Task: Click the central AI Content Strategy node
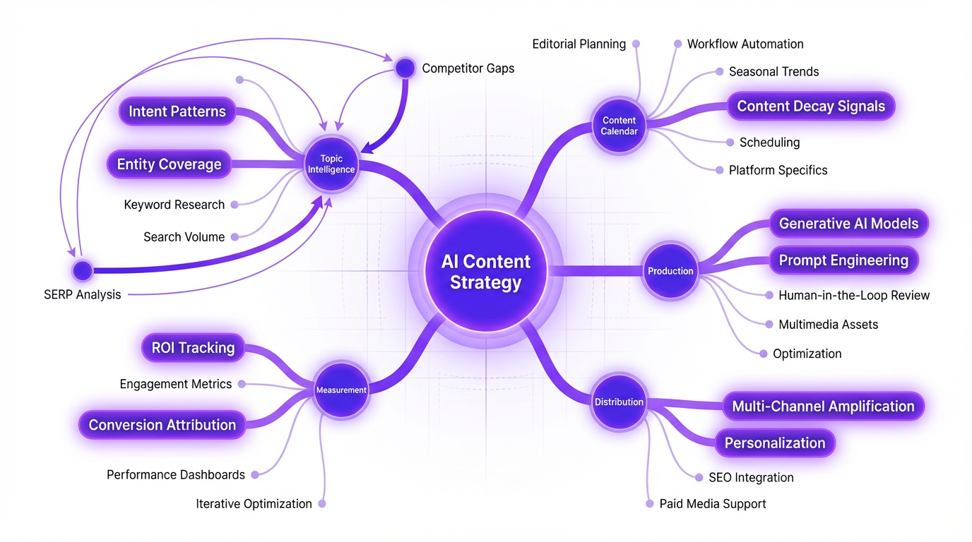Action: [485, 272]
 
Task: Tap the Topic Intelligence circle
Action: [331, 164]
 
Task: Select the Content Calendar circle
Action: [619, 126]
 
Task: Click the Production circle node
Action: [670, 271]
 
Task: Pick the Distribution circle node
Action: [619, 402]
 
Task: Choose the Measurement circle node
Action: [341, 390]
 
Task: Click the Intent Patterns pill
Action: [177, 112]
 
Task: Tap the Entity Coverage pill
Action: [170, 164]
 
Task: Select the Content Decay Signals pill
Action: [811, 107]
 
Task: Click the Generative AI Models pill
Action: [848, 224]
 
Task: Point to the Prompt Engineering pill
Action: [843, 260]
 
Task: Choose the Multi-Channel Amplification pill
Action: [823, 406]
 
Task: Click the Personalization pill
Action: [775, 443]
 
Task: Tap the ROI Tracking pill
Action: [193, 348]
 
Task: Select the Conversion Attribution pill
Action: [162, 425]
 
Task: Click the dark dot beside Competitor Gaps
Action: [405, 68]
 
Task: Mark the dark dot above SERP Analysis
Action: [83, 270]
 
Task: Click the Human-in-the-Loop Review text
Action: [854, 296]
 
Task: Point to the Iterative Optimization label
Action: [254, 504]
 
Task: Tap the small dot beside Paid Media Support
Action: [650, 504]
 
